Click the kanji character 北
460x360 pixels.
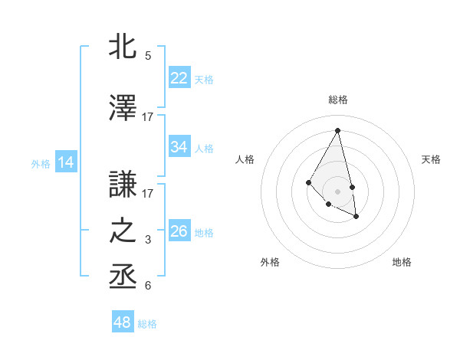tap(123, 47)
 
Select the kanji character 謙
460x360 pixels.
tap(123, 183)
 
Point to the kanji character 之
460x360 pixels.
tap(123, 231)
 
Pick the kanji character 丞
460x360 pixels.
tap(123, 277)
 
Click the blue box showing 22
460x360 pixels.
tap(179, 78)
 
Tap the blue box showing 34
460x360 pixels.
tap(179, 147)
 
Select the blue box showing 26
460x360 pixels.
tap(179, 231)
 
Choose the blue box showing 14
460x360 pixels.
tap(66, 162)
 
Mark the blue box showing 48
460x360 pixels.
tap(123, 322)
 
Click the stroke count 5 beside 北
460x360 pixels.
tap(148, 56)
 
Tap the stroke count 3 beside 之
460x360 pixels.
tap(148, 240)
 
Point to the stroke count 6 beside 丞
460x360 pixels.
tap(148, 286)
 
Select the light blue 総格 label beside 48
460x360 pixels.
tap(147, 324)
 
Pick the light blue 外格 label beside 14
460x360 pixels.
tap(41, 163)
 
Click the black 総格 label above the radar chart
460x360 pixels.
tap(337, 100)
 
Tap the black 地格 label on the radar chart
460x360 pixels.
tap(402, 262)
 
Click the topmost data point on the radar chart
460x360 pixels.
tap(337, 130)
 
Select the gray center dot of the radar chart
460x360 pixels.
tap(337, 191)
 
